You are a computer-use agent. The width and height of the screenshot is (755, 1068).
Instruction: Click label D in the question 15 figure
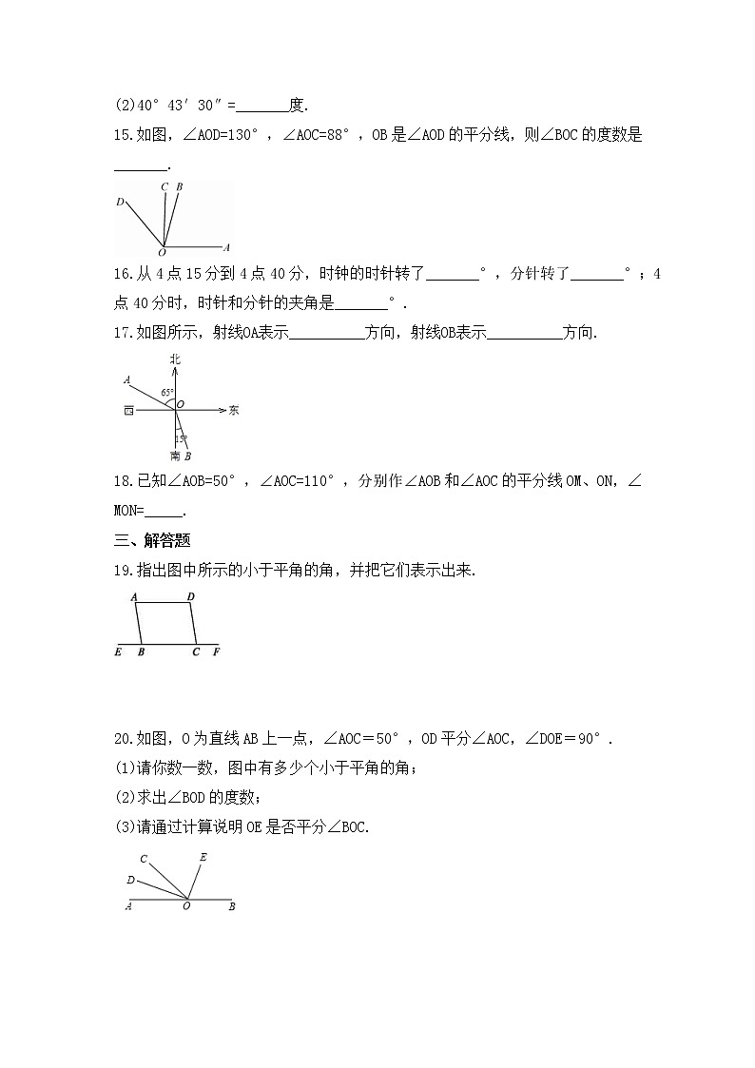point(119,202)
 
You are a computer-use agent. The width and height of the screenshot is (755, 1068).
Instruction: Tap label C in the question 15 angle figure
point(165,186)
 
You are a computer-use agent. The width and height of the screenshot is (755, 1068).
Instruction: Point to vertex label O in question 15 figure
point(161,253)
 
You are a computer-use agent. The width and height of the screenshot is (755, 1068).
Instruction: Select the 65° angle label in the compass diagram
point(165,392)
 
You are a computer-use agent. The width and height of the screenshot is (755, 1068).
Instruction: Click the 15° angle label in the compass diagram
point(181,438)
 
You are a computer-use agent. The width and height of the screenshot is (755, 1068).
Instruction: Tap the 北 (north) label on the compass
point(175,359)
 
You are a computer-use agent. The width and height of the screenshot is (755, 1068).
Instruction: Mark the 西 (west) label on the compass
point(127,411)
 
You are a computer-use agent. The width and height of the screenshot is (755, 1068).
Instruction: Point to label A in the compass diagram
point(126,380)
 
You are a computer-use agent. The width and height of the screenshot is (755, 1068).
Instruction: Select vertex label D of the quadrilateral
point(190,597)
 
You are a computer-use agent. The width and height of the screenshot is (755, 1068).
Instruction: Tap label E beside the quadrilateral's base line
point(117,652)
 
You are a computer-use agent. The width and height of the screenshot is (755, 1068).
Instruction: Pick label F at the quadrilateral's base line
point(216,652)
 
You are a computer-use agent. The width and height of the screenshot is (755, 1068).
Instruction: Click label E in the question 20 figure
point(203,856)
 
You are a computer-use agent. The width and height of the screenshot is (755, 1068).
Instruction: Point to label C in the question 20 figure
point(143,860)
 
